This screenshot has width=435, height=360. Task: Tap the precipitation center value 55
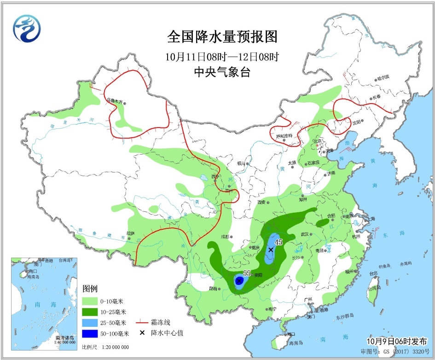247,273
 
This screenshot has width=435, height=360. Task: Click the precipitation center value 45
278,242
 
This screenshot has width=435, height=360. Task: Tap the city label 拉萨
131,233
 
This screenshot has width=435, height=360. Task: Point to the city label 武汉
304,234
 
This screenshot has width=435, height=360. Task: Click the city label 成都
224,237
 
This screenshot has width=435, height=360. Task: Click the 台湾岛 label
373,288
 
